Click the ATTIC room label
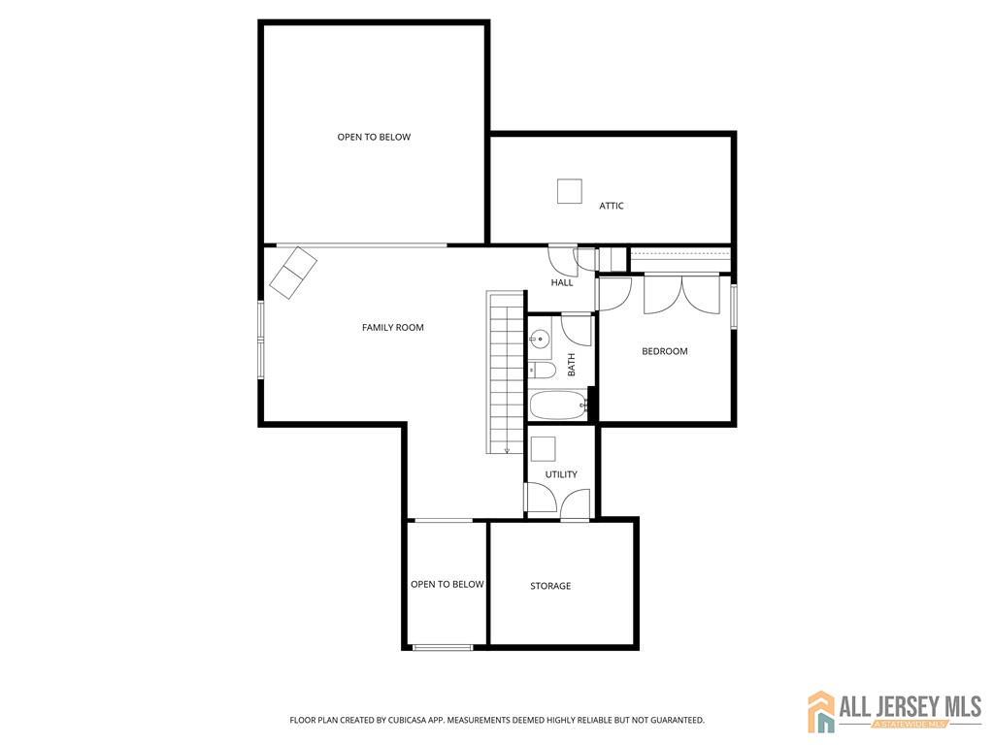coord(612,206)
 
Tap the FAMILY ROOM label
coord(392,328)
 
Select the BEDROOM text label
coord(664,351)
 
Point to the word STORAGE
coord(550,586)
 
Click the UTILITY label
coord(561,474)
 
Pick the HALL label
coord(562,282)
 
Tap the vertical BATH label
coord(571,365)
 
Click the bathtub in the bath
coord(558,405)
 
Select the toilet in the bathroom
coord(542,370)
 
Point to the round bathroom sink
coord(540,339)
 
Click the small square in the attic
coord(569,191)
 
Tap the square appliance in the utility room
coord(544,448)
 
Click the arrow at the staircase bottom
coord(507,450)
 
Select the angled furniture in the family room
coord(293,273)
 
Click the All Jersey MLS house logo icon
coord(821,711)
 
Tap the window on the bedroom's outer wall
coord(734,307)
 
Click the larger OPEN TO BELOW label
coord(374,137)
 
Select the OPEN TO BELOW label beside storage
coord(447,584)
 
